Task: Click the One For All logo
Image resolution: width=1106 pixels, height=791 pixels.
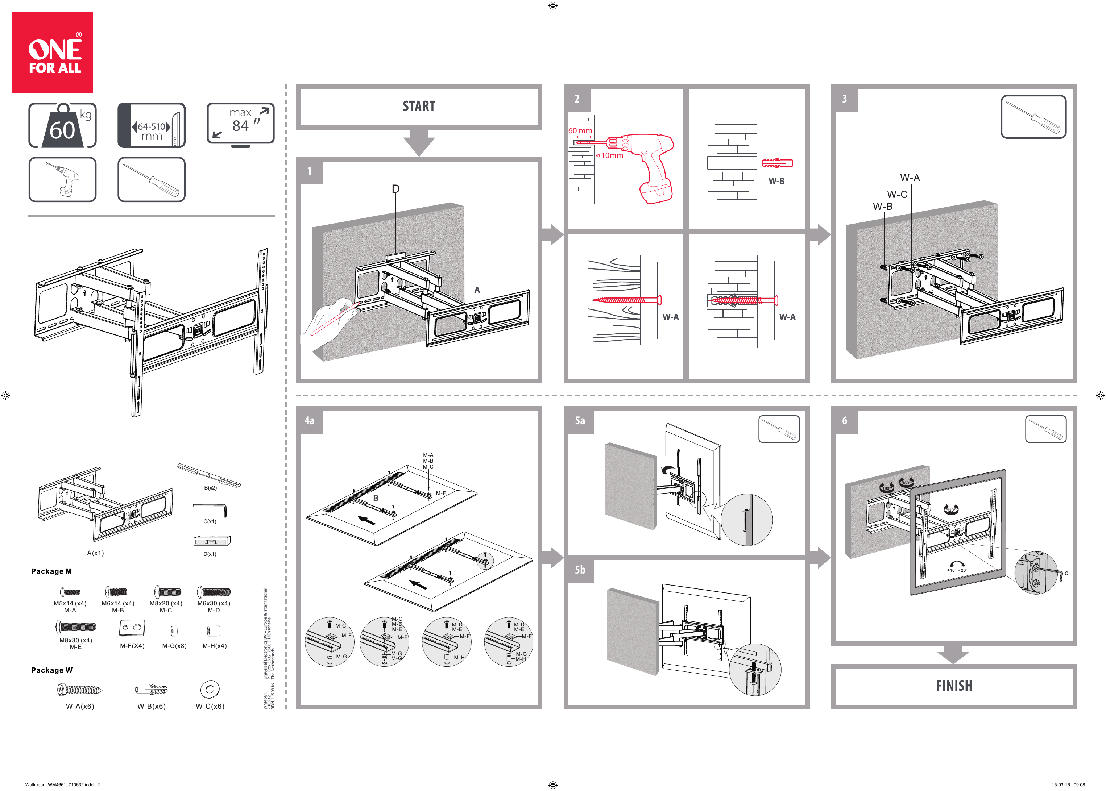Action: [52, 53]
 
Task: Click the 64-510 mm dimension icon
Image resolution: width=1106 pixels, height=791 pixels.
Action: [151, 126]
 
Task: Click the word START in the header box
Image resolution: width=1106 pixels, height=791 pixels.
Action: [419, 106]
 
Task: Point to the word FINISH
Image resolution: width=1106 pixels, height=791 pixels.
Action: [953, 686]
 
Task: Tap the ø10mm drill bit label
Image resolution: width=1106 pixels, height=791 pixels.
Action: [610, 155]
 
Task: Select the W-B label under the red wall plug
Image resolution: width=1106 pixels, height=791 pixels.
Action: [776, 181]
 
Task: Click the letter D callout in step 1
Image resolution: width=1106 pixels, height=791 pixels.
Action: [395, 189]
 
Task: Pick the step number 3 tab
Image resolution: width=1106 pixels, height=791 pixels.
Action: [844, 99]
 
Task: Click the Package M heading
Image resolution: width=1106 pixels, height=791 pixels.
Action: [51, 571]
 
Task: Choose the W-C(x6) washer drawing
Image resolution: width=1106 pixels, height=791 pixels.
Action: [210, 689]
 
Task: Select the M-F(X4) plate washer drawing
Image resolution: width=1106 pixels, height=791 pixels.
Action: [132, 628]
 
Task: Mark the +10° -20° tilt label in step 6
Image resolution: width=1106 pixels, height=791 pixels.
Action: [957, 570]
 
